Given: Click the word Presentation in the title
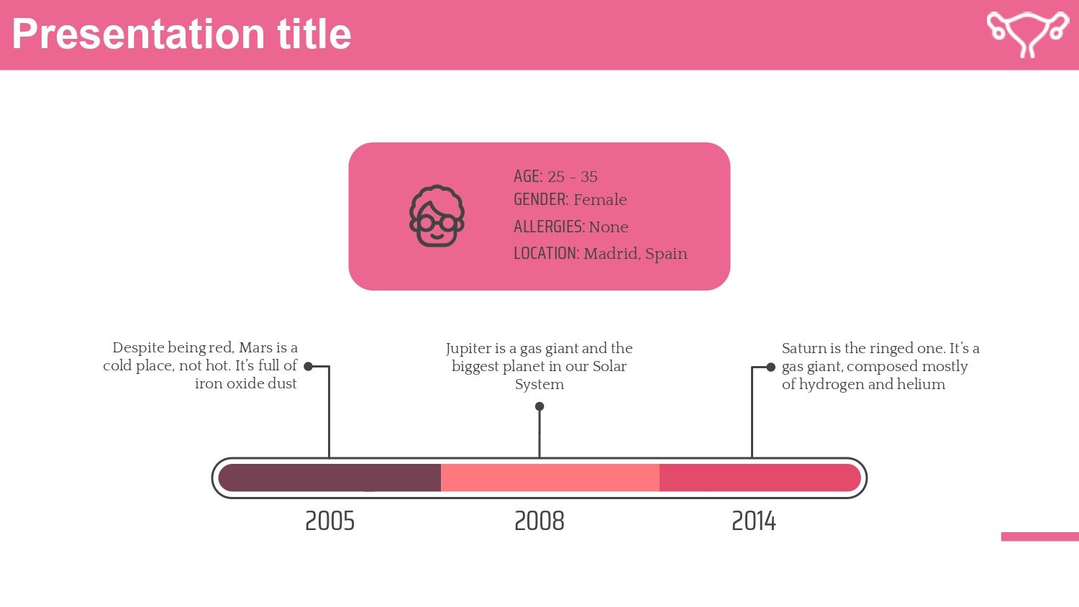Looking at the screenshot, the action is (138, 35).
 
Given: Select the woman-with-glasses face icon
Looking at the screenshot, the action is (437, 216).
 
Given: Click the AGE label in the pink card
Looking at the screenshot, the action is (528, 176).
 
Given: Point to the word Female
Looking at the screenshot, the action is (600, 199).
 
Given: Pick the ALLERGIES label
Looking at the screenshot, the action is (549, 227).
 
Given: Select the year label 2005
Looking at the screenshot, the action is (330, 521).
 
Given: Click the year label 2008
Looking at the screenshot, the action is (539, 521).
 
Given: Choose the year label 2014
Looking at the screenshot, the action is (754, 521).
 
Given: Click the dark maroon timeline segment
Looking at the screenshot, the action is (329, 478).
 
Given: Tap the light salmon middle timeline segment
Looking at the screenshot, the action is (550, 478).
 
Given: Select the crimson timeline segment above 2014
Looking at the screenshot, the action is (760, 478).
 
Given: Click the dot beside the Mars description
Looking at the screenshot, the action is (309, 367).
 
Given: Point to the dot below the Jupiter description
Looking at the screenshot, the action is (539, 406).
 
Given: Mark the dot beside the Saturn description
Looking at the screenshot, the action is (770, 367).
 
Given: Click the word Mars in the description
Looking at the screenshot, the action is (256, 348).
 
